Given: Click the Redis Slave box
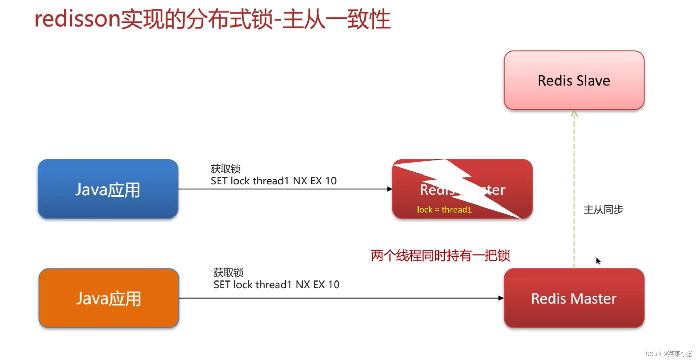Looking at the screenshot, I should tap(574, 81).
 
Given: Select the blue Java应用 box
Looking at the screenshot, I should tap(108, 189).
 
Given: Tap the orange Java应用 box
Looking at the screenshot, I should tap(109, 298).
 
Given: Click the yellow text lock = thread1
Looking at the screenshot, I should tap(444, 210).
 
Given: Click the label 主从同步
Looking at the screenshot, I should tap(603, 210).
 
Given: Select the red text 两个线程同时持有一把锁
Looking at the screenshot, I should tap(440, 255).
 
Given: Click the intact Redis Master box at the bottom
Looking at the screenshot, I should tap(574, 298).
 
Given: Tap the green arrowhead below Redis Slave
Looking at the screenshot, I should tap(574, 114).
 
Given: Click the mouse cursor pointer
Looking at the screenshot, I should tap(598, 261).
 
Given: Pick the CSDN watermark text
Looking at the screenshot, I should tap(669, 354).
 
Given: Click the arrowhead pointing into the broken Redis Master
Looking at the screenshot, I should tap(389, 189).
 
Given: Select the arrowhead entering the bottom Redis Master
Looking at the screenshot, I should tap(501, 298).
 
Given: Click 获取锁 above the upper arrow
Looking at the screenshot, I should tap(225, 169).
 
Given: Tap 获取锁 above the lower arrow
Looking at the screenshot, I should tap(228, 273).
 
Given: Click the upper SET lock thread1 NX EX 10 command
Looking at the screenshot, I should tap(274, 181).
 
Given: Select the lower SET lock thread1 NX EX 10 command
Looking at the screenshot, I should tap(276, 285).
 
